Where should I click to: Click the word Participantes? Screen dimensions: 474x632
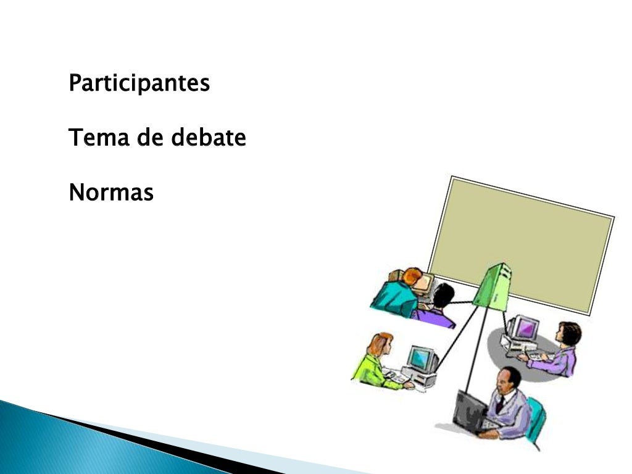(139, 83)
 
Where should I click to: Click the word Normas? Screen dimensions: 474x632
(111, 193)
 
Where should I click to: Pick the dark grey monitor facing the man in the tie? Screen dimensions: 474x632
(469, 410)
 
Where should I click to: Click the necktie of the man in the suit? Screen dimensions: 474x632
(500, 404)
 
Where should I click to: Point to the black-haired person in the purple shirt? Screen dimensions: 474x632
(438, 306)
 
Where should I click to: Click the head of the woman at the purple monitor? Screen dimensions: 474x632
(568, 334)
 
